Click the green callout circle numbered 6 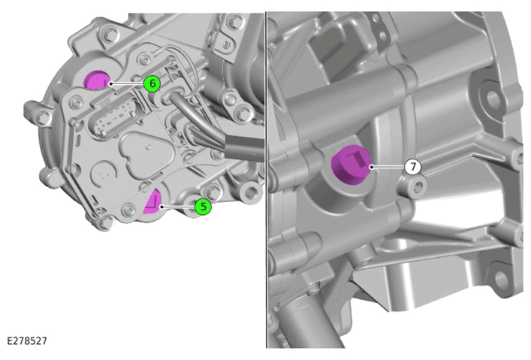coord(152,83)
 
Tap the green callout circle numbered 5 coord(203,207)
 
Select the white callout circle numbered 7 coord(413,167)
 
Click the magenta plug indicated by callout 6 coord(97,80)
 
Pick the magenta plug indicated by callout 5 coord(152,202)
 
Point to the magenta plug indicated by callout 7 coord(351,165)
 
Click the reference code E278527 coord(27,340)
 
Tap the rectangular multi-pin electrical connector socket coord(115,114)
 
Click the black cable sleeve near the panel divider coord(243,147)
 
